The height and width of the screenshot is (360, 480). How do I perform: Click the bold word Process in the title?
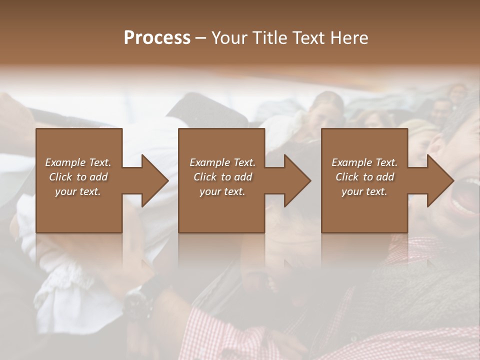(x=157, y=38)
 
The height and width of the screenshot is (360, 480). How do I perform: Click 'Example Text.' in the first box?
(x=78, y=162)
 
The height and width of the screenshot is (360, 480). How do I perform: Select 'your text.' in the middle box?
(x=222, y=191)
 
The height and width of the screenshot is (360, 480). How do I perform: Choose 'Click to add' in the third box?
(x=365, y=177)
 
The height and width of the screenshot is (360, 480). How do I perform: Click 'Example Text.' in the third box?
(x=364, y=162)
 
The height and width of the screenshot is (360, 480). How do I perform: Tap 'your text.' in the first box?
(x=78, y=191)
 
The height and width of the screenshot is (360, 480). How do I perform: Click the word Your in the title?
(x=229, y=38)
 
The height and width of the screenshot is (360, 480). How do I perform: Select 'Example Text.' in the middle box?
(x=222, y=162)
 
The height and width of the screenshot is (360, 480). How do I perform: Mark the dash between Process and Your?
(x=201, y=38)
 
